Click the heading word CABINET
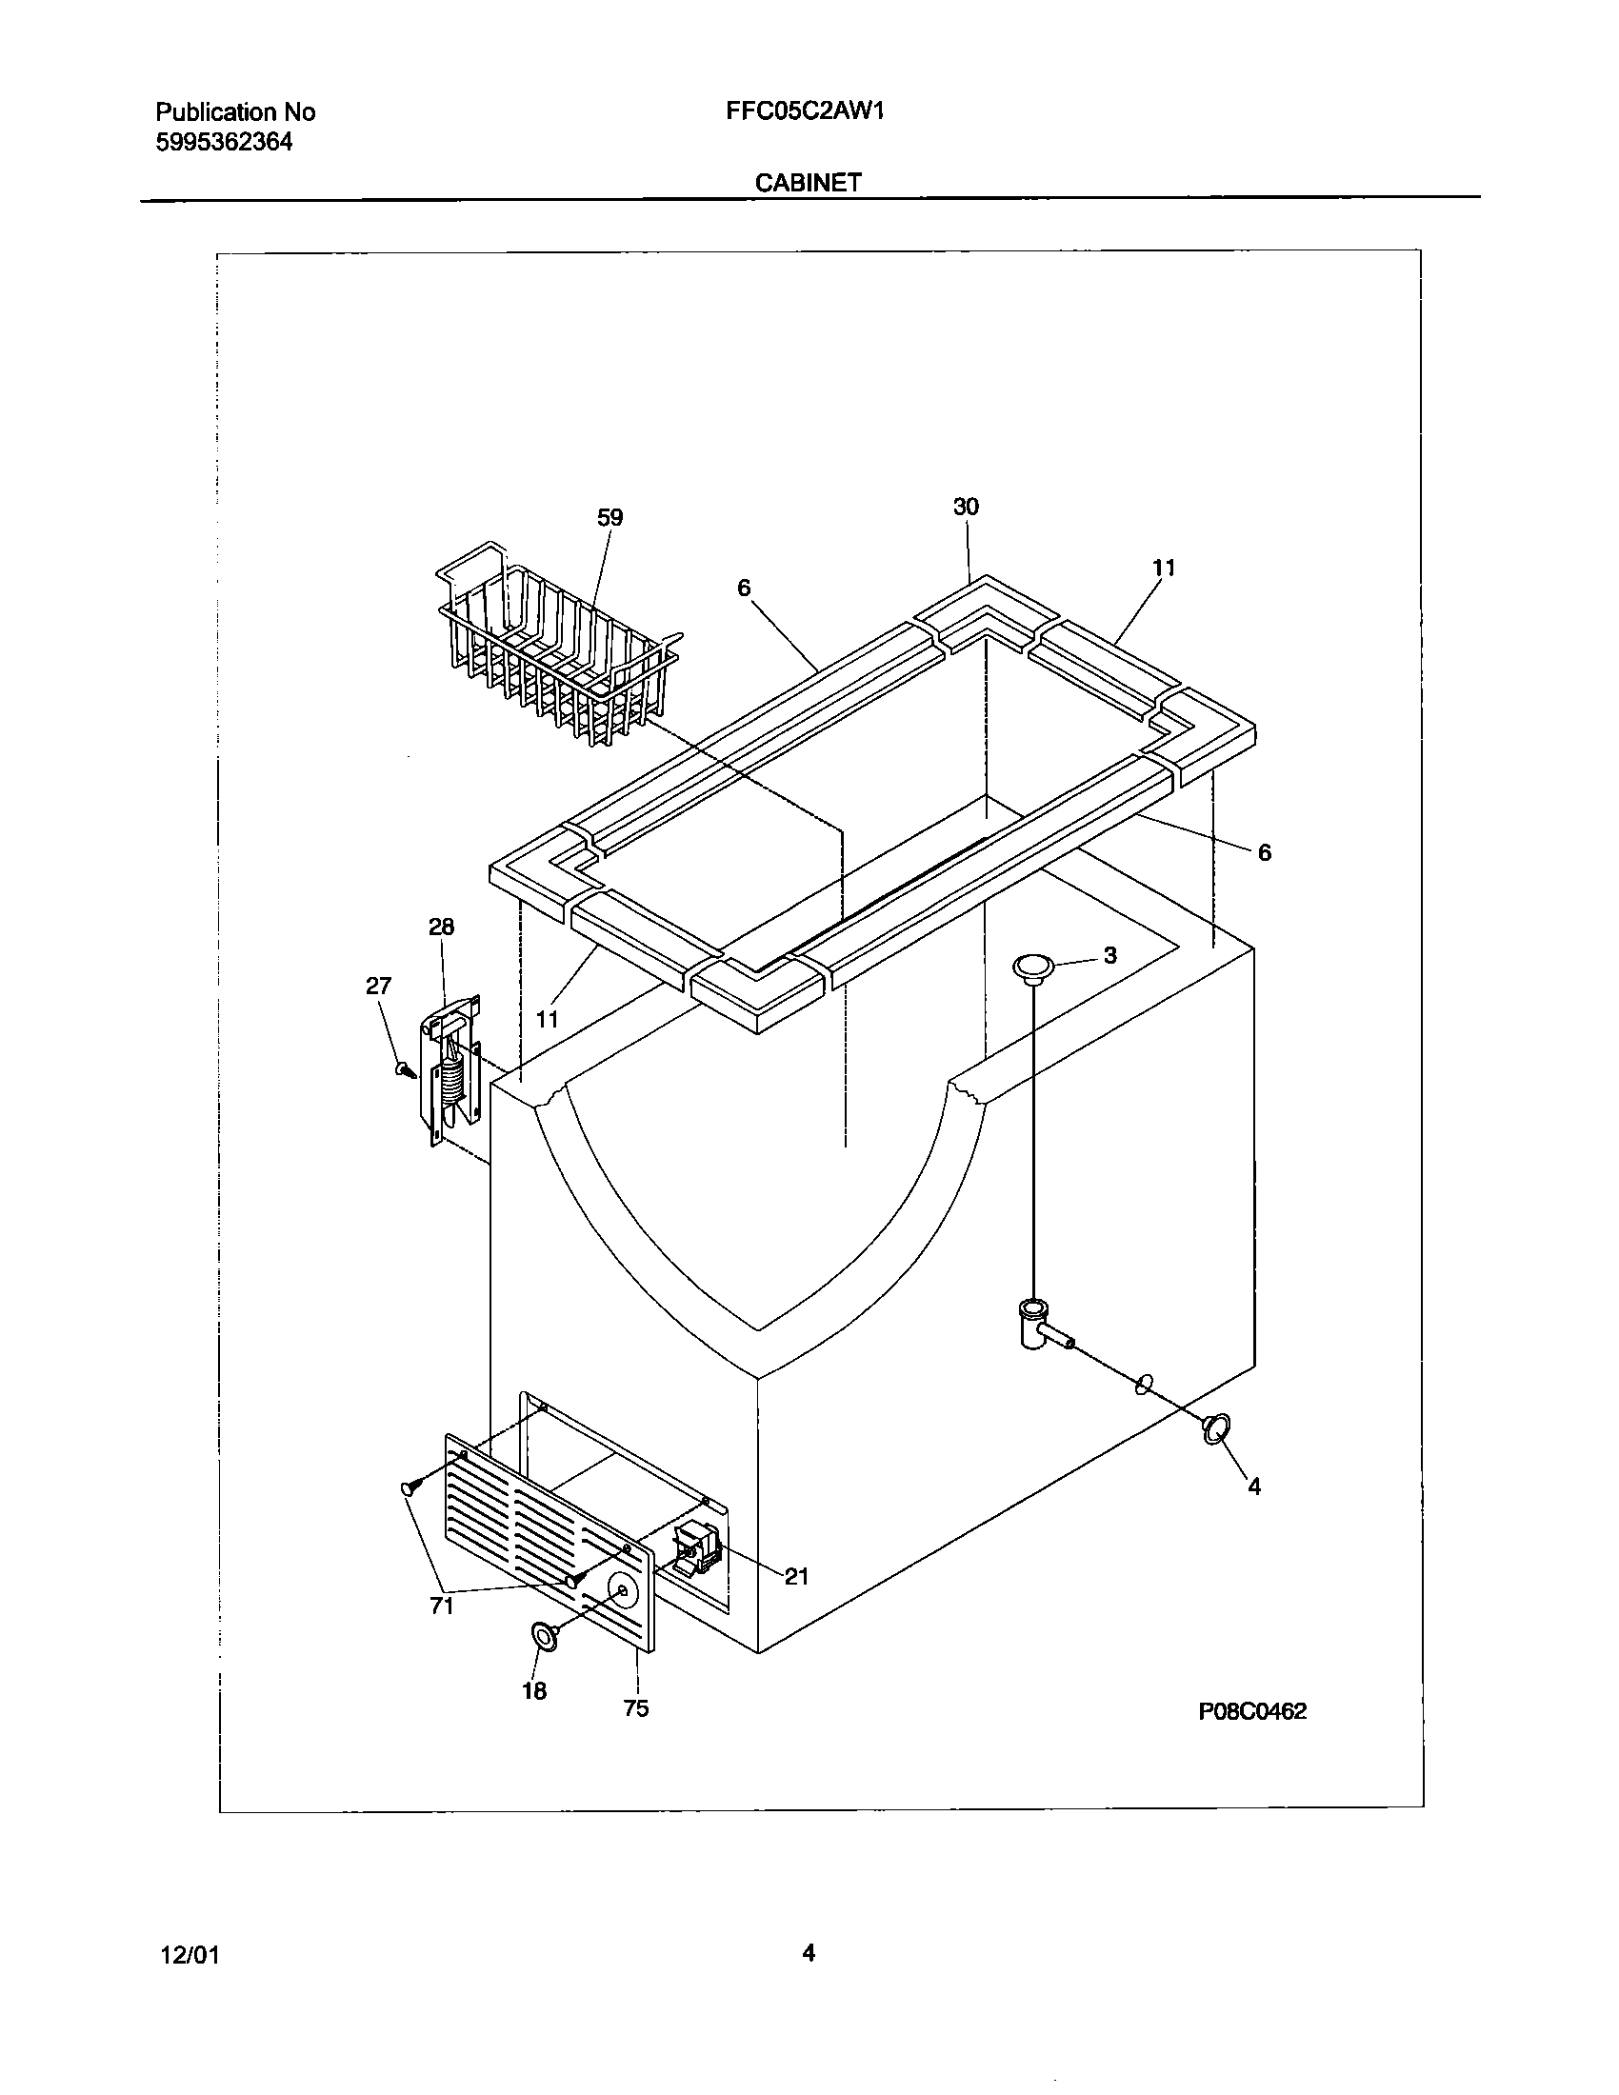tap(808, 182)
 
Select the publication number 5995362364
tap(224, 143)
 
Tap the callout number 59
tap(610, 518)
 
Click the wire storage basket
tap(556, 643)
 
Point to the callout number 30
tap(966, 507)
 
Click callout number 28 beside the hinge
tap(441, 927)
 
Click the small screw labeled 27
tap(405, 1068)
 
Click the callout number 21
tap(797, 1576)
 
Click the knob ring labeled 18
tap(548, 1638)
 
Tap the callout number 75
tap(636, 1708)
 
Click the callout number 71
tap(442, 1606)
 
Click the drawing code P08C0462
tap(1251, 1711)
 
